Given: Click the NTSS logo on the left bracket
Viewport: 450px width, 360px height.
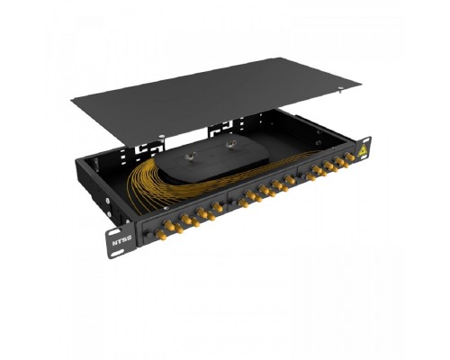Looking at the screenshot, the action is pos(121,240).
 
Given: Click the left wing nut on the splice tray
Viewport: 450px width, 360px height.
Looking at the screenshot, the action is pos(189,156).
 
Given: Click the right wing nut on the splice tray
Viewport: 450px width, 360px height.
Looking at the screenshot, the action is pos(230,144).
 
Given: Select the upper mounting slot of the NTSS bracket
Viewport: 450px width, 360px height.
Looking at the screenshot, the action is pos(115,232).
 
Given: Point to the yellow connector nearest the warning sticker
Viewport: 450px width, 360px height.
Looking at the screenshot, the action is pos(349,156).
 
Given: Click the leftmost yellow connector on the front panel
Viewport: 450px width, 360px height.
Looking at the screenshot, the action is pos(161,235).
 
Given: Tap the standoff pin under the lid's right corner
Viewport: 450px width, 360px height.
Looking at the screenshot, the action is pos(341,89).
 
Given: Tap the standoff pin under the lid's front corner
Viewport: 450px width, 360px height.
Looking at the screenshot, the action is pos(162,138).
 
